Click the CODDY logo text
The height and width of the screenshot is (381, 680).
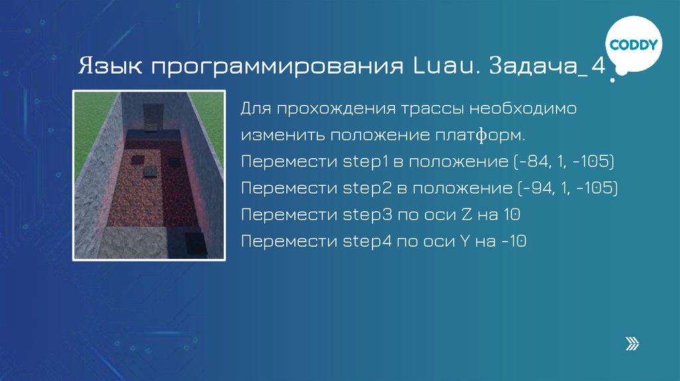pos(634,45)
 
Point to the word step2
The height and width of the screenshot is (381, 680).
pos(359,189)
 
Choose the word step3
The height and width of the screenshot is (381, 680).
pos(359,215)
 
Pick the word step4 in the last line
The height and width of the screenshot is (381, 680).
pos(359,242)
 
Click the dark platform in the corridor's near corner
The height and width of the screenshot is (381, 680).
pos(195,242)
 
